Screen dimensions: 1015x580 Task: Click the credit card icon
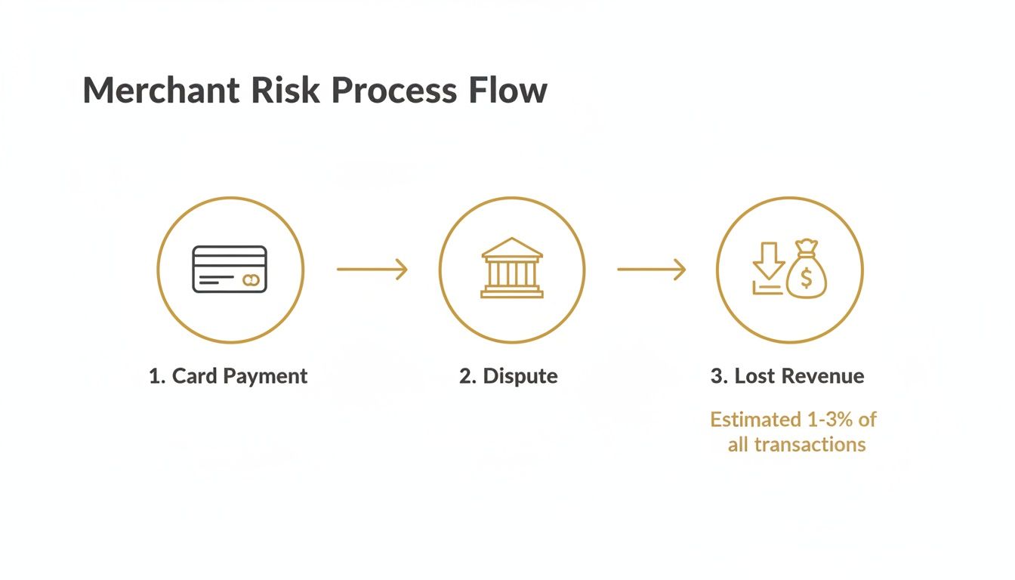[230, 270]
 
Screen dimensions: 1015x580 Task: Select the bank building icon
[511, 269]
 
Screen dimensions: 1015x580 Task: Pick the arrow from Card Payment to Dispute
[372, 269]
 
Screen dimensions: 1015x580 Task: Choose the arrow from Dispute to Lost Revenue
[651, 269]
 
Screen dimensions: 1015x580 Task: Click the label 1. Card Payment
[228, 376]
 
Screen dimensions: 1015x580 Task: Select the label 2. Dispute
[508, 376]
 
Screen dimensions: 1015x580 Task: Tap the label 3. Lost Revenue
[787, 376]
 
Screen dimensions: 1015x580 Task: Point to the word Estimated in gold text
[755, 419]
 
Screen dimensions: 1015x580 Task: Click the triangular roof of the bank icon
[511, 248]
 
